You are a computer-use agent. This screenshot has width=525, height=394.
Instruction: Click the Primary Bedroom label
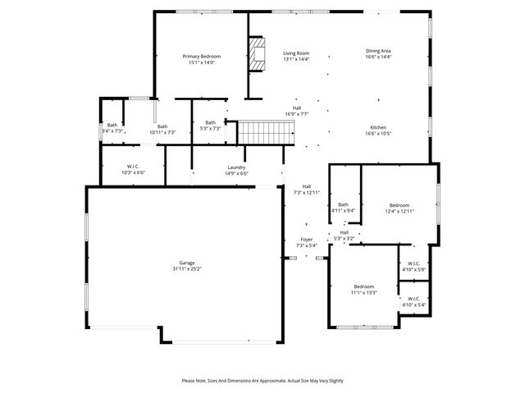coord(201,56)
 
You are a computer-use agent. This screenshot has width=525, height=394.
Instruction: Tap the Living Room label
coord(295,53)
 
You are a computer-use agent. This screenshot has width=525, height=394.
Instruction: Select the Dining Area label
coord(378,51)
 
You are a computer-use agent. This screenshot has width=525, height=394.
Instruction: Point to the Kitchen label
coord(378,127)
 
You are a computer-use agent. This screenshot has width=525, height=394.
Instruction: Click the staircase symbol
coord(266,131)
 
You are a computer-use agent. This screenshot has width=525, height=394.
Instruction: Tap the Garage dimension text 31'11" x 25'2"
coord(187,268)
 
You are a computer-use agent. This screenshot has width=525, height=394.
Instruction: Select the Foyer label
coord(305,240)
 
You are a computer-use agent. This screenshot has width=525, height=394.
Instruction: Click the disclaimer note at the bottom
coord(262,381)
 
